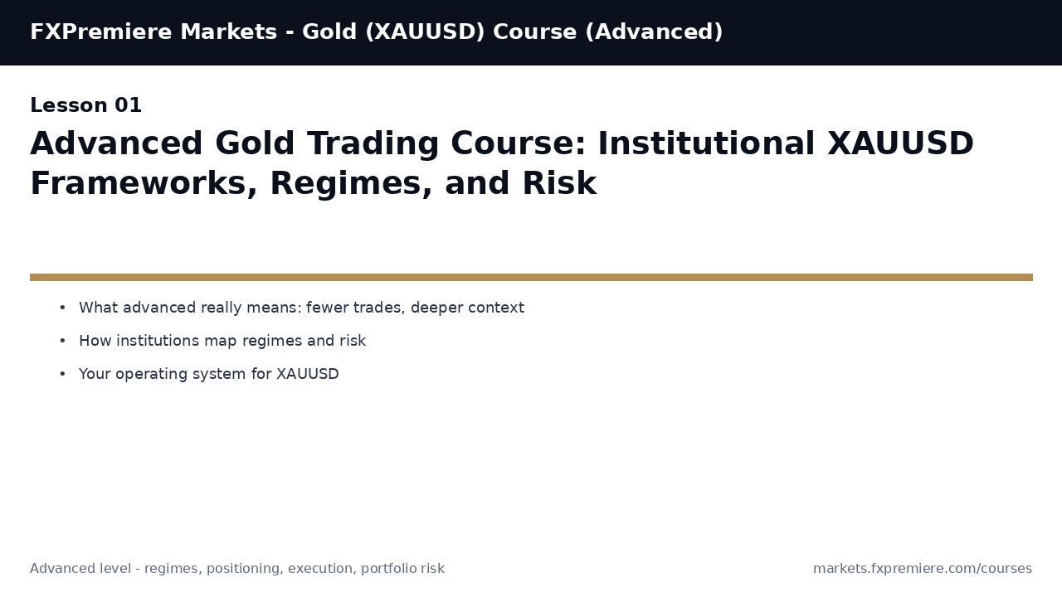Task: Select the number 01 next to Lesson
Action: tap(128, 106)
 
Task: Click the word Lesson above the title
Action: tap(69, 106)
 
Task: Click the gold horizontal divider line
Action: tap(531, 277)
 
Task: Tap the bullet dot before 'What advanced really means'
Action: tap(62, 308)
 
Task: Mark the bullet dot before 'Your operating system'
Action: tap(62, 374)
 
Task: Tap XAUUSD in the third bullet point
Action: tap(307, 374)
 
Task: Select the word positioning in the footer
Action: tap(244, 569)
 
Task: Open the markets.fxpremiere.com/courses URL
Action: tap(922, 569)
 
